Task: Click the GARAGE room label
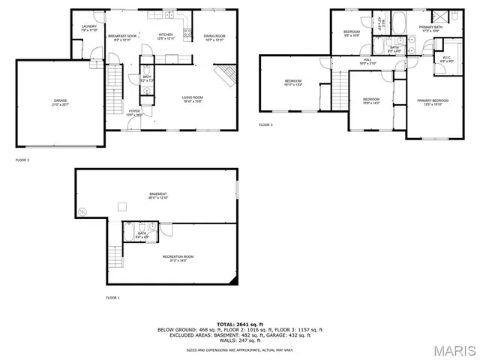coord(60,100)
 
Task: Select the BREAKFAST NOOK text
coord(121,36)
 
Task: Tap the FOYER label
coord(134,111)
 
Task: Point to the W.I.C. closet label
coord(445,58)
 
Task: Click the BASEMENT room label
coord(157,194)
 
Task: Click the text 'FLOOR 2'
coord(22,160)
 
